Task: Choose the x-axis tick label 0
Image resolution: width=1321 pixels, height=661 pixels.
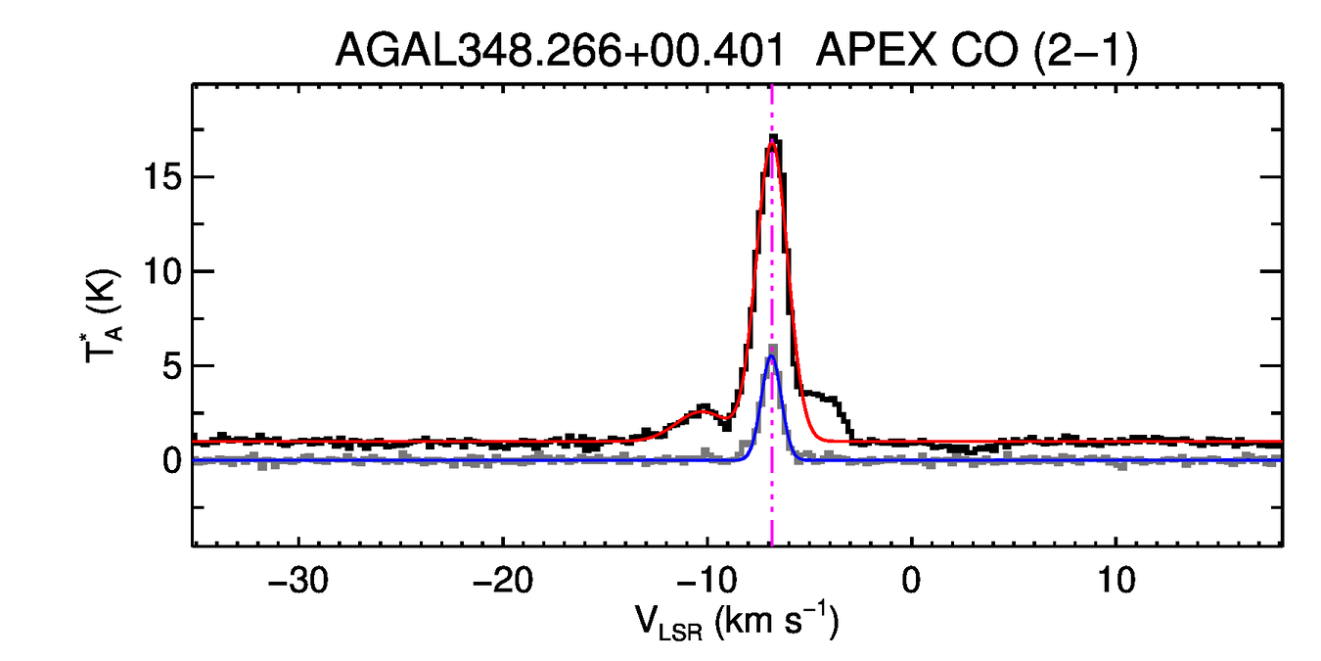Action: pos(911,580)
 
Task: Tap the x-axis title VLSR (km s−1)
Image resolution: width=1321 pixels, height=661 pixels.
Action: pos(737,623)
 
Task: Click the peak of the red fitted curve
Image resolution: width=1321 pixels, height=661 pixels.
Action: pos(772,144)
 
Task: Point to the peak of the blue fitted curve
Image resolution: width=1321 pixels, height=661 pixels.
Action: pos(771,356)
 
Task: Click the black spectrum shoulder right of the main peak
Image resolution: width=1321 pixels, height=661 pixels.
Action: pos(829,399)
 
